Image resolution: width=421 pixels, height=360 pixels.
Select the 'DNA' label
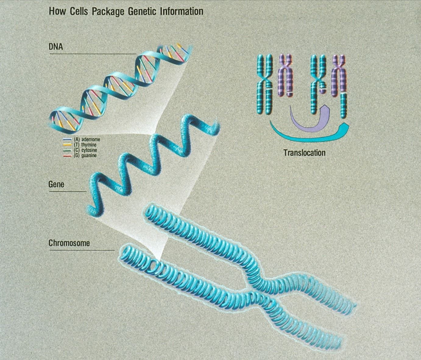[x=56, y=47]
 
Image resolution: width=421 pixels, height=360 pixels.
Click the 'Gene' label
[x=56, y=184]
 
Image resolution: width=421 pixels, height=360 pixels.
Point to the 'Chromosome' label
[x=69, y=243]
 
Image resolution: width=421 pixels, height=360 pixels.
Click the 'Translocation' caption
[x=304, y=153]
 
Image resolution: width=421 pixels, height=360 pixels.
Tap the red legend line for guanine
[x=67, y=156]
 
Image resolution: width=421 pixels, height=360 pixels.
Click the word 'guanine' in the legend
[x=89, y=156]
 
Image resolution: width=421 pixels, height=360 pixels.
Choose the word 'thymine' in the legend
[x=89, y=145]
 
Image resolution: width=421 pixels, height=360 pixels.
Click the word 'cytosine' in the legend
[x=89, y=150]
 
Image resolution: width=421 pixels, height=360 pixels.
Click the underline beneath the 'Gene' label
[x=68, y=192]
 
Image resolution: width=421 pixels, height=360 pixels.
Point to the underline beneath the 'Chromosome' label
[x=82, y=250]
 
